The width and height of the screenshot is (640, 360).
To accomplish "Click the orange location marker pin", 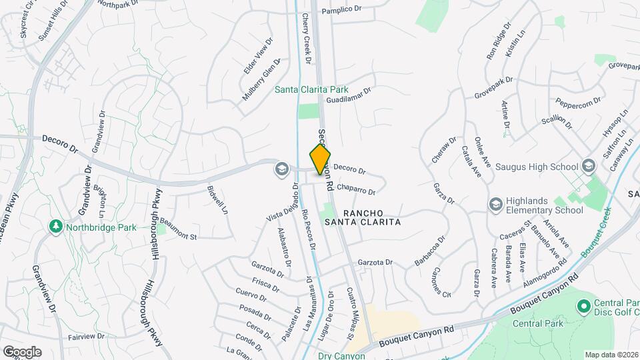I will (x=320, y=159).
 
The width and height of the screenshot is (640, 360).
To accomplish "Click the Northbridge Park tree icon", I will (x=55, y=227).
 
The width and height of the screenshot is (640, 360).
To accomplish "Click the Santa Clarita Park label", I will (x=312, y=89).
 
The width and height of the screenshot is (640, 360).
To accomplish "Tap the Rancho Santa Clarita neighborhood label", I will (x=363, y=217).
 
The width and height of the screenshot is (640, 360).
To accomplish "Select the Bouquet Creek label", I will (x=597, y=237).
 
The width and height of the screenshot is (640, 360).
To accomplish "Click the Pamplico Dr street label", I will (x=341, y=11).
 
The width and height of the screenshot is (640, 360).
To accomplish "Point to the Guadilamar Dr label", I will (x=348, y=95).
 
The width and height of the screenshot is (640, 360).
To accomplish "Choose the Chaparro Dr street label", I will (x=356, y=189).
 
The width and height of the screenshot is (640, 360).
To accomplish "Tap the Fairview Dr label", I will (x=86, y=337).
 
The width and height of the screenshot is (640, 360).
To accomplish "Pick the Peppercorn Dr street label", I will (x=578, y=101).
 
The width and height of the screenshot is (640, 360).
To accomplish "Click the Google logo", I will (x=21, y=352).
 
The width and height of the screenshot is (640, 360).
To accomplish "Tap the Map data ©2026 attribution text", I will (x=611, y=355).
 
